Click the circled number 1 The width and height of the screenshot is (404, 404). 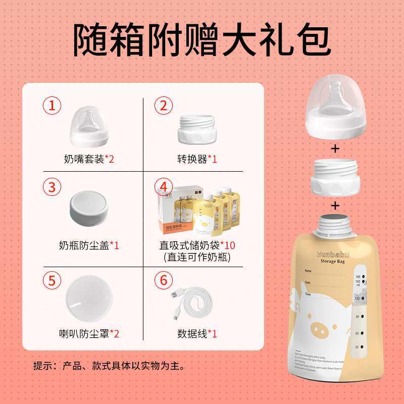[x=52, y=106]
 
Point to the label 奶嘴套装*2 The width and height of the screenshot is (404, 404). [x=89, y=160]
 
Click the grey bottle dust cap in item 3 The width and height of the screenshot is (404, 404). [x=89, y=208]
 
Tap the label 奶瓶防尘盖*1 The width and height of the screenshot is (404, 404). [x=89, y=246]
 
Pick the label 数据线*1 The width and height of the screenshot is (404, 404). [x=197, y=334]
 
